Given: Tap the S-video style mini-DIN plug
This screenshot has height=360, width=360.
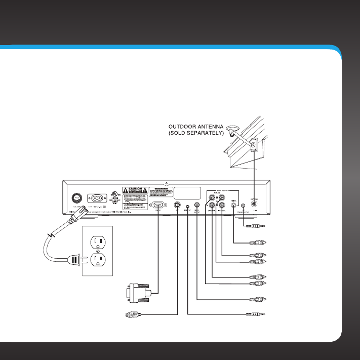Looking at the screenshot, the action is tap(132, 315).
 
